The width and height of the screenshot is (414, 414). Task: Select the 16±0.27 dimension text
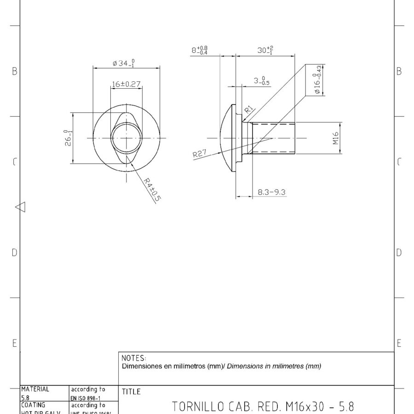point(126,85)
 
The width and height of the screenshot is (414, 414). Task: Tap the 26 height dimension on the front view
point(69,138)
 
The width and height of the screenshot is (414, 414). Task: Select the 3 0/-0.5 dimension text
point(262,81)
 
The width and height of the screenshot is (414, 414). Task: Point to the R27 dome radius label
point(200,154)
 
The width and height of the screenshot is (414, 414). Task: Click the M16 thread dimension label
point(336,138)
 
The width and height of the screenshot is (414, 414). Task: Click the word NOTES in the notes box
point(134,358)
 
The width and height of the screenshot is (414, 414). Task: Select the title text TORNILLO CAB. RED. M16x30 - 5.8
point(263,407)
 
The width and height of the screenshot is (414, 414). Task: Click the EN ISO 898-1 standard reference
point(87,397)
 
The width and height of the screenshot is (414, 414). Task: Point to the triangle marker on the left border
point(20,207)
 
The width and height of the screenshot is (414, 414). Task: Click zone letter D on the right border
point(399,252)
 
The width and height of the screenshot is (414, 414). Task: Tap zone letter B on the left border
point(14,71)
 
